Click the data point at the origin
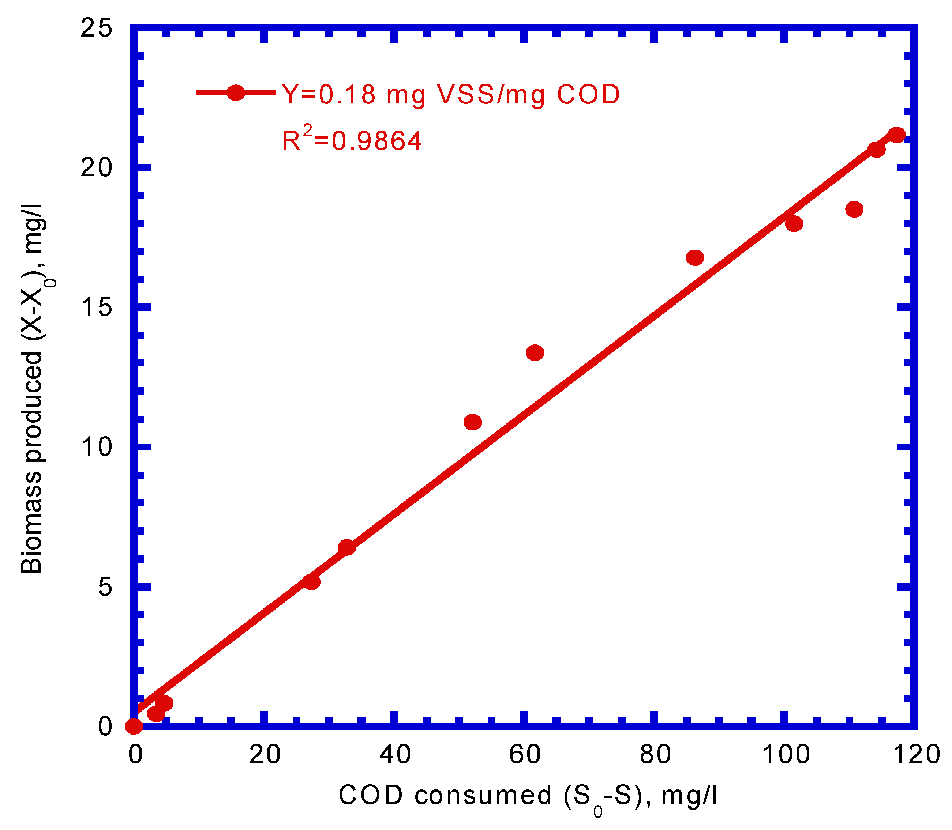click(x=134, y=726)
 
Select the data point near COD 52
click(x=472, y=422)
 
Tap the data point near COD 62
click(x=535, y=353)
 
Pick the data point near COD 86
click(x=695, y=257)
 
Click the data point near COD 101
click(x=794, y=224)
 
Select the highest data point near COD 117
click(x=897, y=135)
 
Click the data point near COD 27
click(x=311, y=582)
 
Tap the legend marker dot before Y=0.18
click(x=236, y=93)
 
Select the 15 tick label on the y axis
click(x=96, y=307)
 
